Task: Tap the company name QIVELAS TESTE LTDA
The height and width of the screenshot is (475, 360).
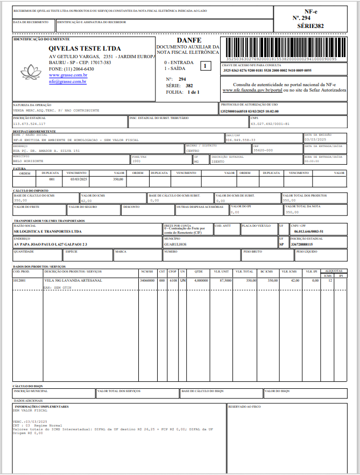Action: [x=84, y=48]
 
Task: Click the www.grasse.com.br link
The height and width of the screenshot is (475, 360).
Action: [x=68, y=75]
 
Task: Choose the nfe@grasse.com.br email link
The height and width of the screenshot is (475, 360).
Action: [x=68, y=81]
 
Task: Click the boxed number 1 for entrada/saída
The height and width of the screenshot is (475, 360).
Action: [x=204, y=66]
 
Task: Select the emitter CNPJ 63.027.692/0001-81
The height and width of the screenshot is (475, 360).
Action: [x=270, y=124]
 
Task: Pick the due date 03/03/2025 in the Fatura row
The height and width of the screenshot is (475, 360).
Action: [x=77, y=178]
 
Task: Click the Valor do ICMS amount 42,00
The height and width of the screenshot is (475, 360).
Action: [x=86, y=200]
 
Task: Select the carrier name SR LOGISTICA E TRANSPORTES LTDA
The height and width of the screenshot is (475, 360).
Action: [x=48, y=231]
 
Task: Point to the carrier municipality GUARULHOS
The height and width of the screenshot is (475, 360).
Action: [x=175, y=244]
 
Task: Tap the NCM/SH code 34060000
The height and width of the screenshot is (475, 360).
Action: [x=147, y=281]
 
